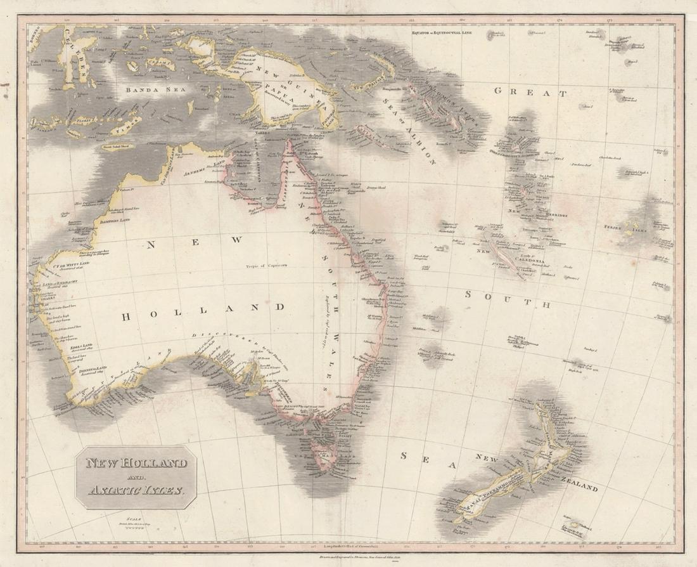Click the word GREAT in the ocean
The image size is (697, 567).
pyautogui.click(x=530, y=93)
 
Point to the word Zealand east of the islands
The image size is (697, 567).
pyautogui.click(x=577, y=489)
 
